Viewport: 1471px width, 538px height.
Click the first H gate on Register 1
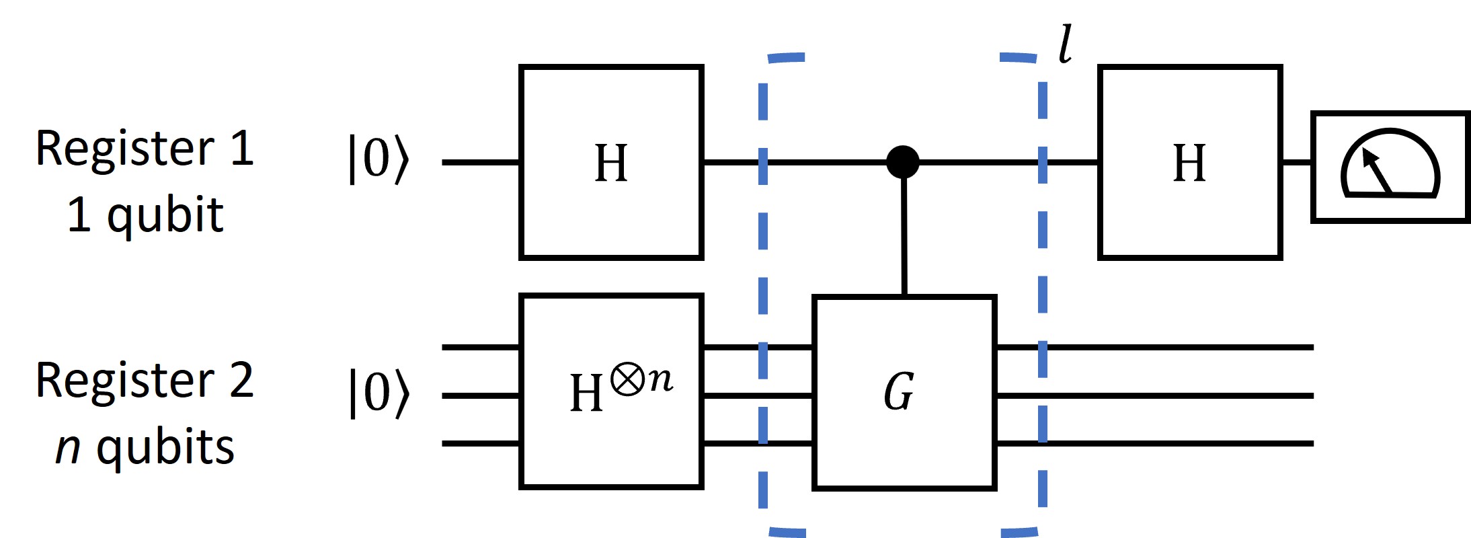[610, 162]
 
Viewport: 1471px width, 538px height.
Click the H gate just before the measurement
[1189, 162]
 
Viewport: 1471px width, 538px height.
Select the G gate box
[904, 392]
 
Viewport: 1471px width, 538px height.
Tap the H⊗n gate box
[610, 391]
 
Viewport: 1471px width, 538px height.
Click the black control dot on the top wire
[902, 162]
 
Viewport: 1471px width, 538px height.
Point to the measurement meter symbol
[1390, 166]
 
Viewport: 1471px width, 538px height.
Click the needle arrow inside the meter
[1376, 171]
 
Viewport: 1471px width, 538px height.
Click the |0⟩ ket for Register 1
[378, 159]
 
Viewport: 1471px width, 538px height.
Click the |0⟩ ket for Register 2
[378, 393]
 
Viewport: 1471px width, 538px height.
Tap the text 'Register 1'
[145, 148]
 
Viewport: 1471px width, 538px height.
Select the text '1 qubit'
[145, 215]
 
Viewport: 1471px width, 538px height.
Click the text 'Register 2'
[145, 380]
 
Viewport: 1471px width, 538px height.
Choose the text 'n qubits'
[145, 447]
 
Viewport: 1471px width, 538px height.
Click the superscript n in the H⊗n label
[660, 380]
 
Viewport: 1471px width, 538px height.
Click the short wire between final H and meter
[1296, 162]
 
